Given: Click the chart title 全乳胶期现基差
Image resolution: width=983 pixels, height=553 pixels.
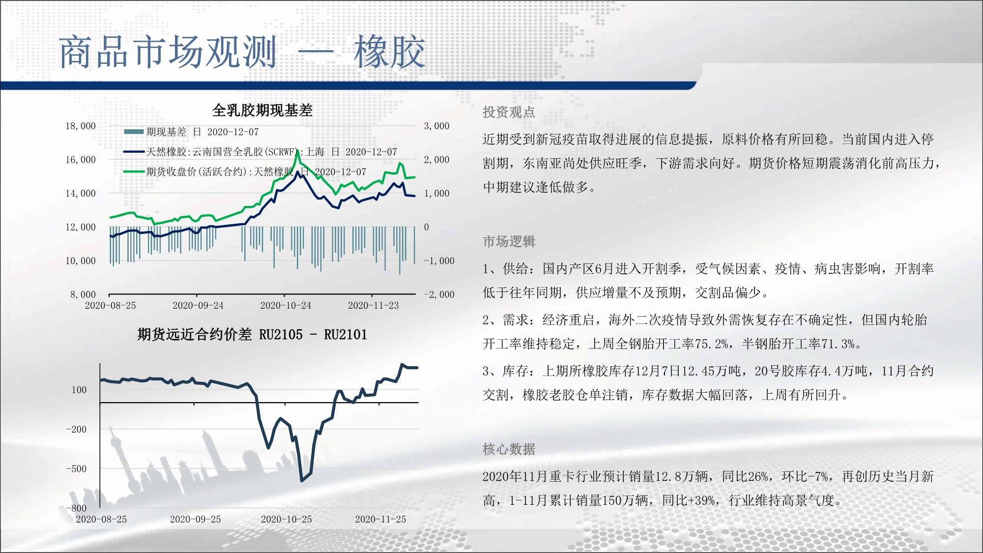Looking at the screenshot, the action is [x=262, y=110].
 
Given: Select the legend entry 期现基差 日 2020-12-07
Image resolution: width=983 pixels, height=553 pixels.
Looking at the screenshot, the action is [x=191, y=132].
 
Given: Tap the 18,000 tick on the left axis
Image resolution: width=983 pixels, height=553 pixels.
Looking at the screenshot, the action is [x=81, y=126].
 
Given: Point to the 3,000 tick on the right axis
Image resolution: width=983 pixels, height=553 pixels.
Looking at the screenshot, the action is [x=437, y=126].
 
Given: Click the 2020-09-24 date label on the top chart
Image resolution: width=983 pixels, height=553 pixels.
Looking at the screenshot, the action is [x=198, y=305].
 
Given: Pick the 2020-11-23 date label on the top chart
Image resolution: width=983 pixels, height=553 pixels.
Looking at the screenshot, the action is [x=374, y=305].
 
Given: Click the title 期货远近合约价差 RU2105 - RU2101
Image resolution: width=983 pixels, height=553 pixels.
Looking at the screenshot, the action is [x=252, y=335].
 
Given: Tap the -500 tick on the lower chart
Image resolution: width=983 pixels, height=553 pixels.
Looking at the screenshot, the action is [x=76, y=468].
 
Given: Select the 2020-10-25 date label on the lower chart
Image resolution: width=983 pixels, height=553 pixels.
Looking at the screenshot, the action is [x=287, y=519].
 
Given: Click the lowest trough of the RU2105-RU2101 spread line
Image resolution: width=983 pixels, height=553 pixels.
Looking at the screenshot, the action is [x=302, y=480].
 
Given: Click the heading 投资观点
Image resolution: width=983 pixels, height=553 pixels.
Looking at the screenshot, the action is [x=509, y=112].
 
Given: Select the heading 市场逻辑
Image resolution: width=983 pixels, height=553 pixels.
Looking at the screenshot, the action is [x=509, y=241].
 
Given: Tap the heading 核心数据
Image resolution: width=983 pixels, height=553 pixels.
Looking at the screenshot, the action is [x=509, y=449].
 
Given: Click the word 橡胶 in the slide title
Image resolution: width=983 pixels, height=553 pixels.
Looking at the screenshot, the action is [x=389, y=52].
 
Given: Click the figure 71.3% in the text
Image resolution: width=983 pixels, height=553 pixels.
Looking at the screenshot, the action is [x=838, y=344].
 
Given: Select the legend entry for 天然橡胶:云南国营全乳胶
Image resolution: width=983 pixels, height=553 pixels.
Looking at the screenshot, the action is [x=260, y=152].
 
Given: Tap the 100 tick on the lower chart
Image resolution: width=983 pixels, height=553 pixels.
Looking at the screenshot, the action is [x=79, y=390].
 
